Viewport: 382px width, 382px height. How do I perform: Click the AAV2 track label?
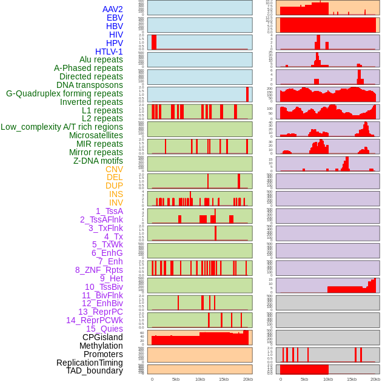[113, 9]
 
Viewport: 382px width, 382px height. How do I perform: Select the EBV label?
[115, 18]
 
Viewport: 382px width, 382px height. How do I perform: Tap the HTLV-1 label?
[109, 52]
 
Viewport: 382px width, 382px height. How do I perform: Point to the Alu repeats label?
[101, 59]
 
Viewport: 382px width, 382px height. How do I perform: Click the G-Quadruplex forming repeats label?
[64, 93]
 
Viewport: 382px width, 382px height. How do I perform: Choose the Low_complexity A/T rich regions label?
[62, 127]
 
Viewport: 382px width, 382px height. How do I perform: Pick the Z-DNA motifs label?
[98, 161]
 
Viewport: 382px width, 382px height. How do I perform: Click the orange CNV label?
[114, 169]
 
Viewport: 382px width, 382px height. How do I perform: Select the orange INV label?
[116, 203]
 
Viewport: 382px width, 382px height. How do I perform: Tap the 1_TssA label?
[109, 211]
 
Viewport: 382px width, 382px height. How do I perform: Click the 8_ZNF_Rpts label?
[99, 270]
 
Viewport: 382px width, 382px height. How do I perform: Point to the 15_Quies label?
[104, 329]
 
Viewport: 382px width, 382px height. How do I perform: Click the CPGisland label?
[102, 337]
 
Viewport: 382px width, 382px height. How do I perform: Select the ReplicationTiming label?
[90, 363]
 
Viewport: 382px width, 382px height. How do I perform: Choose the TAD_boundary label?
[95, 370]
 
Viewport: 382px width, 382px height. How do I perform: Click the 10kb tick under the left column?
[200, 379]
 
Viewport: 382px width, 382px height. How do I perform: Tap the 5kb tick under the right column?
[304, 379]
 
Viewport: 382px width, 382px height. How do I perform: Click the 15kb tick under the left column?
[224, 379]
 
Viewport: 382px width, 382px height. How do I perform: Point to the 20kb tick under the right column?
[375, 379]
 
